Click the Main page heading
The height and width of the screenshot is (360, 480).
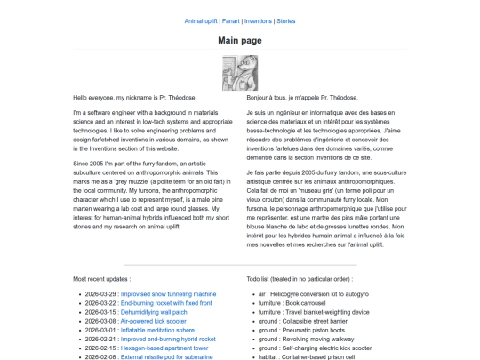pyautogui.click(x=239, y=40)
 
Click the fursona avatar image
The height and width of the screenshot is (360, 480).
pyautogui.click(x=239, y=71)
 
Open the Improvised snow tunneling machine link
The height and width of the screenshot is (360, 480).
pyautogui.click(x=168, y=293)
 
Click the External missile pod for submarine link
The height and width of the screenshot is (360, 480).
pyautogui.click(x=168, y=358)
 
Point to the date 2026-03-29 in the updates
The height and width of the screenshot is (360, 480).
pyautogui.click(x=100, y=293)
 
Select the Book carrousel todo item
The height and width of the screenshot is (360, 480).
pyautogui.click(x=307, y=304)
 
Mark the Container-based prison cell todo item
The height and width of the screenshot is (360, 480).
pyautogui.click(x=319, y=358)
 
